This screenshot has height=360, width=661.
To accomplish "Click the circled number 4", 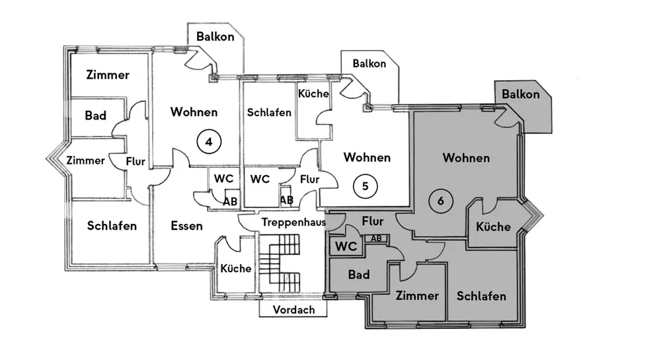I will pos(209,141).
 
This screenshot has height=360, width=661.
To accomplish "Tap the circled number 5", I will pos(365,186).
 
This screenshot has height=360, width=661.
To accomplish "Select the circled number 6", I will pos(439,200).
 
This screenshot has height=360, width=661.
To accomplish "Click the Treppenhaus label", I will pos(292,223).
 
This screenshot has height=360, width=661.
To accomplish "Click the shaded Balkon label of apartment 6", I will pos(521,94).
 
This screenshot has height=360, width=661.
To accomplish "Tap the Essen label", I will pos(186,226).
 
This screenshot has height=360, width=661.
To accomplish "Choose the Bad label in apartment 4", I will pos(96,116).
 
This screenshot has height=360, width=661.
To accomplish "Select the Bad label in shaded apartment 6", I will pos(358,275).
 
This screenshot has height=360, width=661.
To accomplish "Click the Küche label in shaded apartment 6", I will pos(494,227).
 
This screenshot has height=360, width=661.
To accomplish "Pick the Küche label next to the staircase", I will pos(236,268).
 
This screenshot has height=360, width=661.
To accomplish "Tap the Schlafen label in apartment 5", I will pos(269,112).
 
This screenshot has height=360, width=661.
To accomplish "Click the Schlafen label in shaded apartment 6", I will pos(481,295).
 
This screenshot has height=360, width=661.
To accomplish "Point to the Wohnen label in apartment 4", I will pos(194,112).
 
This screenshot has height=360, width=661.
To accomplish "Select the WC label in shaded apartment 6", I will pos(346,247).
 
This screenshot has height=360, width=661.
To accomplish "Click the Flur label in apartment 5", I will pos(309,179).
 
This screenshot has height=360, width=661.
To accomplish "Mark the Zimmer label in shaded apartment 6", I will pos(417,295).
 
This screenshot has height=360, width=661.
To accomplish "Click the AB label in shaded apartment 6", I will pos(376,238).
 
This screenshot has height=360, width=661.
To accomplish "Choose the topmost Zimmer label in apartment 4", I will pos(108,75).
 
